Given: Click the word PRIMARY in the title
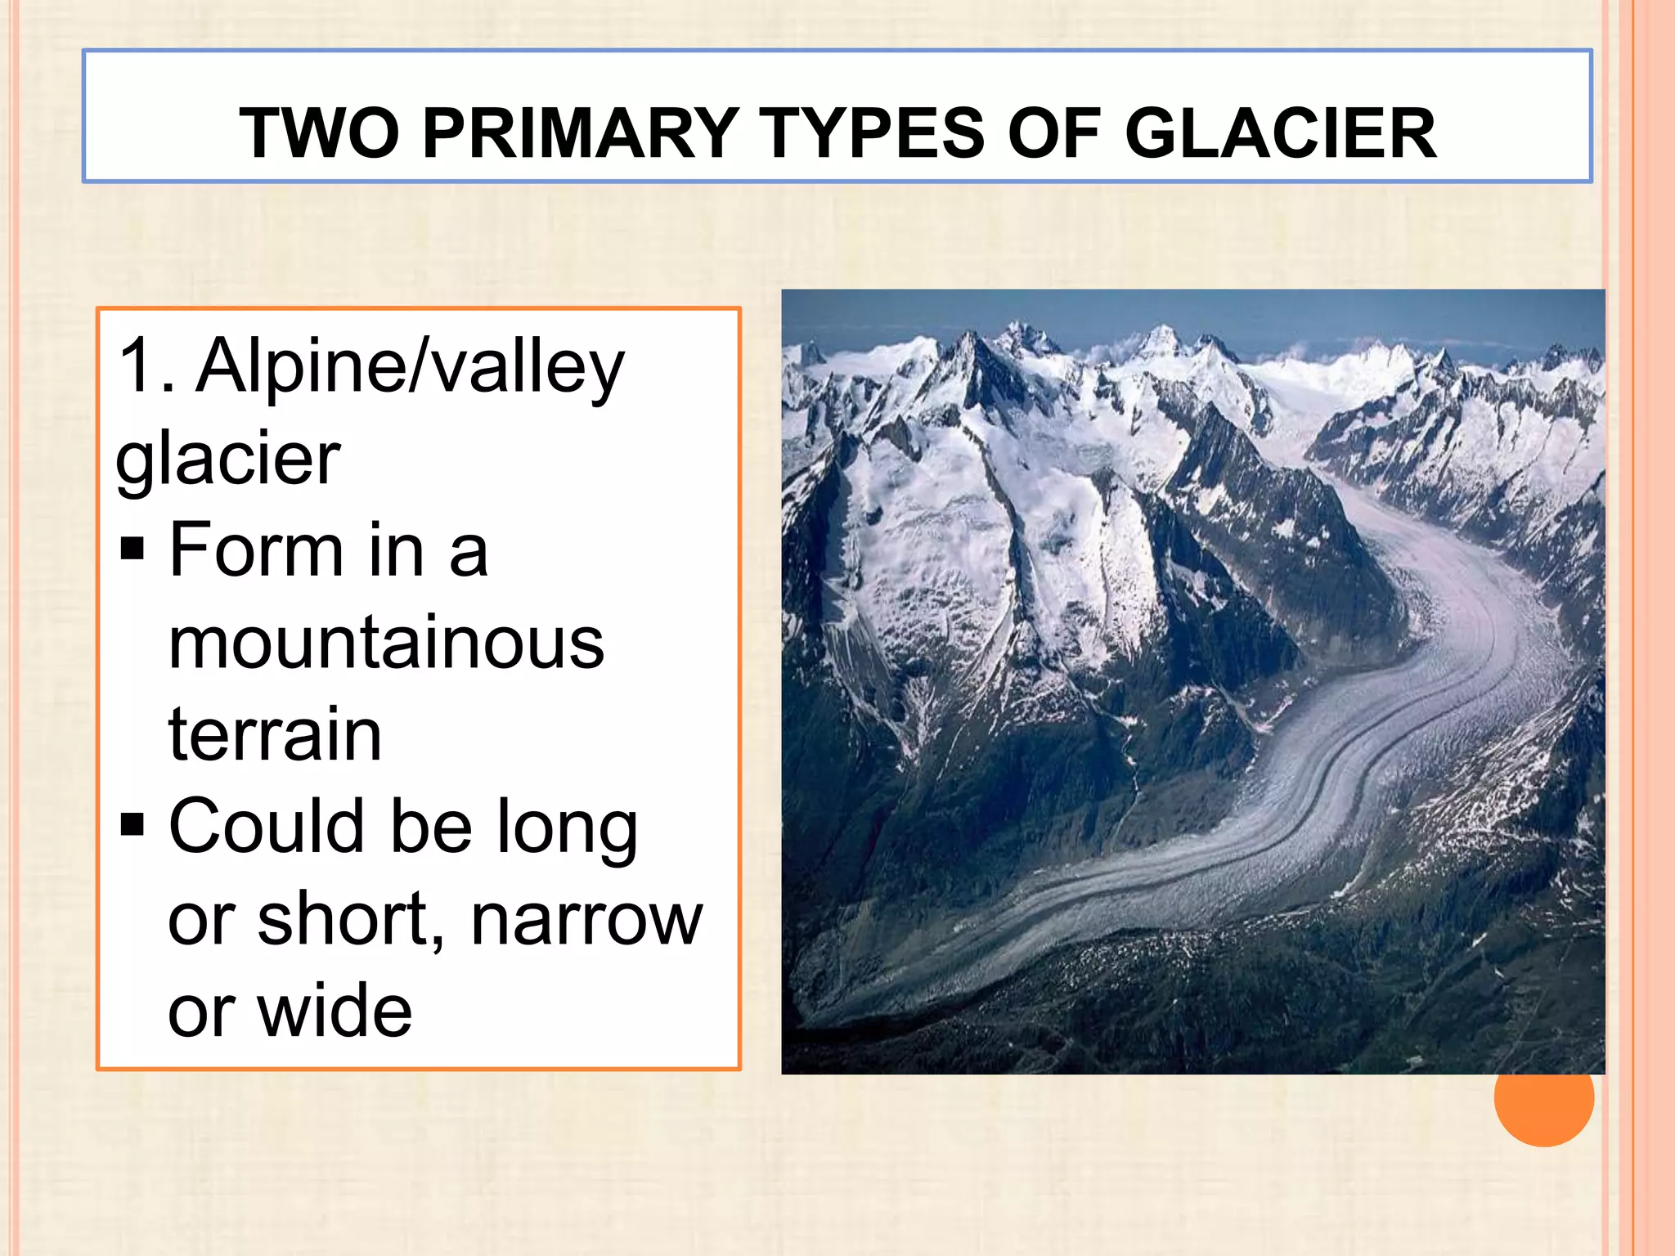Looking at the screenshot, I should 581,133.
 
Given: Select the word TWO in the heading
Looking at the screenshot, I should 319,133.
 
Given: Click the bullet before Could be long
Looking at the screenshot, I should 132,825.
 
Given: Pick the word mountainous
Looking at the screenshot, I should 386,643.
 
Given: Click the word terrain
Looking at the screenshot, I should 275,734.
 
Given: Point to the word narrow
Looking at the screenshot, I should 586,919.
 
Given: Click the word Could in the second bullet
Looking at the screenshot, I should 266,826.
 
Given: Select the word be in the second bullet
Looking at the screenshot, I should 431,826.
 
